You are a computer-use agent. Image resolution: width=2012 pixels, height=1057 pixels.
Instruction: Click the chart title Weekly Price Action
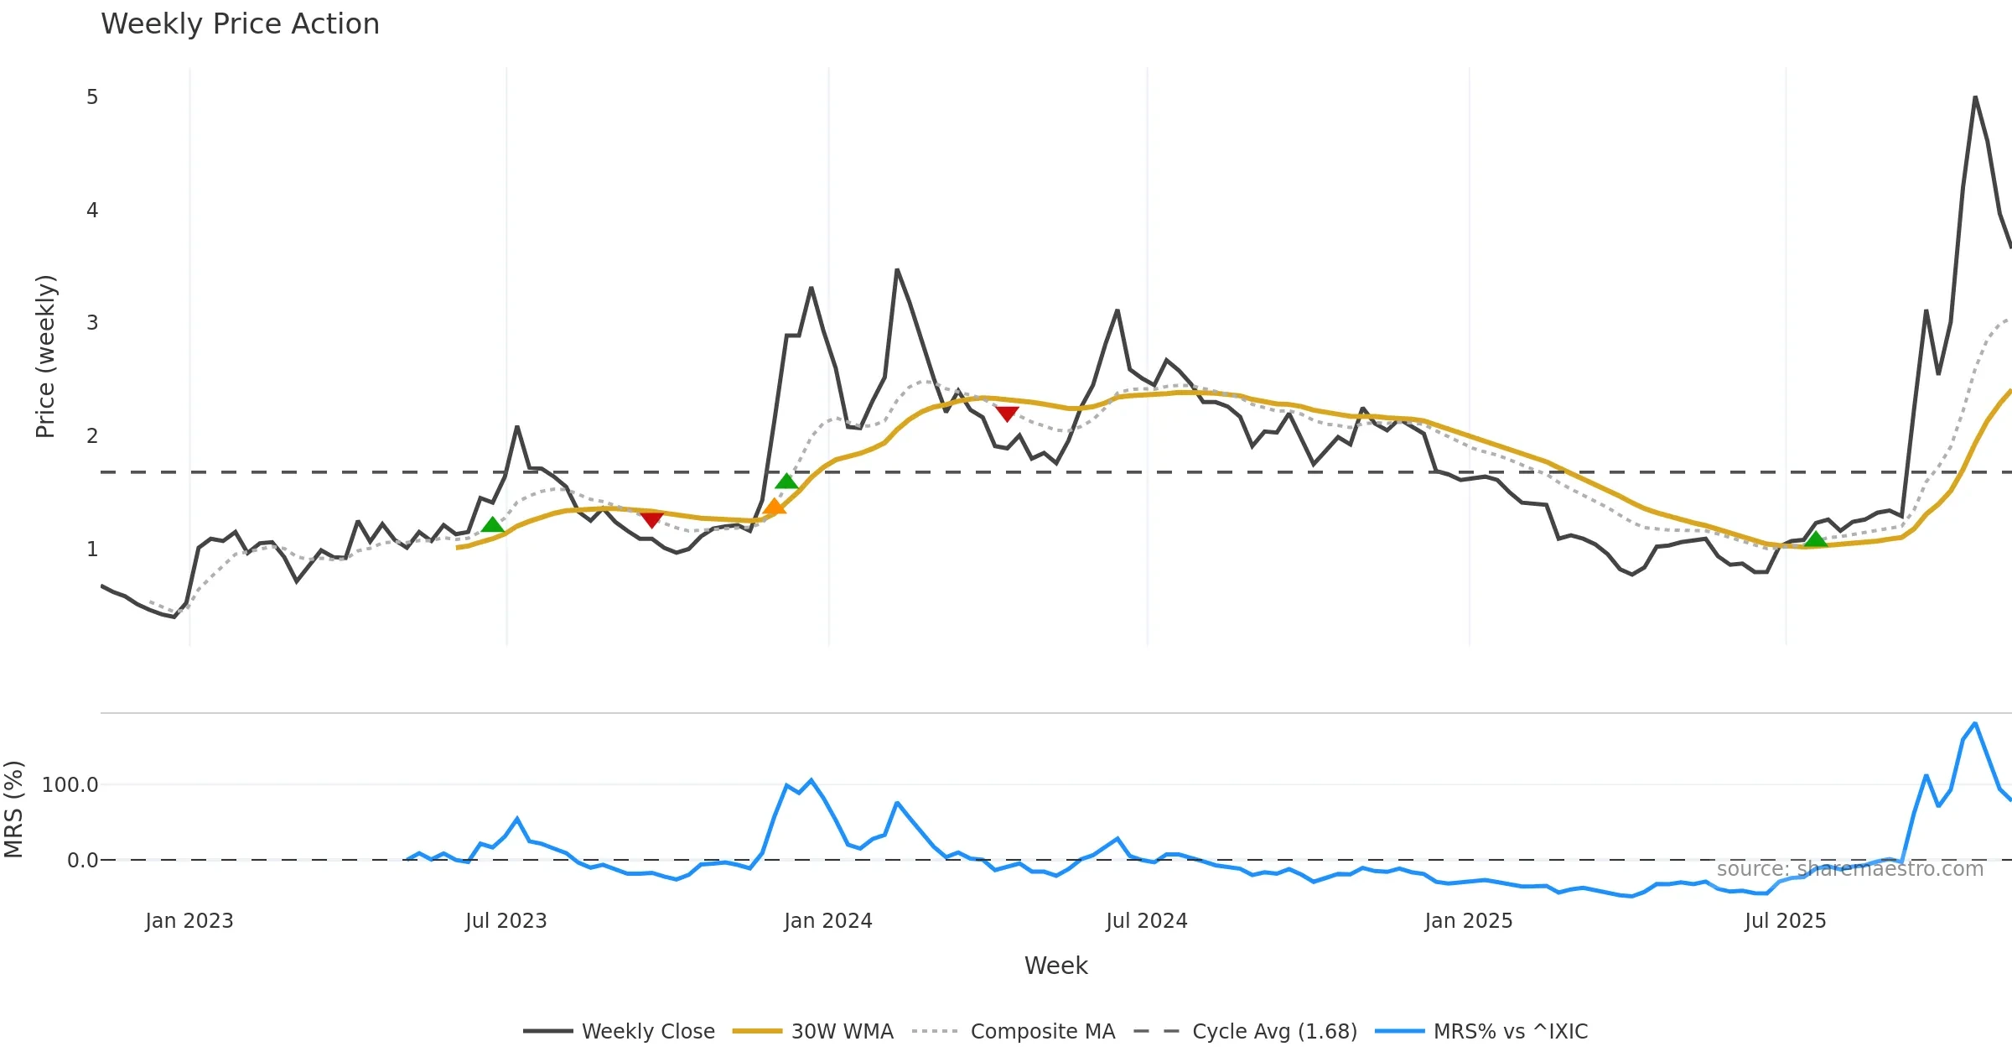[240, 24]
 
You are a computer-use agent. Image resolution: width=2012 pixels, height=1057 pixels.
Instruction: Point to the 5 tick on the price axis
[92, 97]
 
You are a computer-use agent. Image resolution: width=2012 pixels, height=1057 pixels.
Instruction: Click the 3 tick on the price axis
[92, 323]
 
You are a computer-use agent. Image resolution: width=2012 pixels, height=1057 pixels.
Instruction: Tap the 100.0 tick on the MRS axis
[70, 785]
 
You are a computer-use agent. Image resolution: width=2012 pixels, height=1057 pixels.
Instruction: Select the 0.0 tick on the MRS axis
[82, 861]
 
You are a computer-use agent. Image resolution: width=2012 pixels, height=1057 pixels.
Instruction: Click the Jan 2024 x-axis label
[828, 921]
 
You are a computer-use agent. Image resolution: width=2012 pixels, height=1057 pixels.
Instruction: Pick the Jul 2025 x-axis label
[1785, 921]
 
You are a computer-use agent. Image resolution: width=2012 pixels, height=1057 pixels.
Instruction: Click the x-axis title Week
[1055, 966]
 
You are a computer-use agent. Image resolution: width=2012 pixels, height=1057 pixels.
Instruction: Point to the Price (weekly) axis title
[45, 357]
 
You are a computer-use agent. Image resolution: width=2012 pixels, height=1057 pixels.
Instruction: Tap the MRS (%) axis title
[13, 810]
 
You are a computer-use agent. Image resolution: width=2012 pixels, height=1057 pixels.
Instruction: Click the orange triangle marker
[775, 507]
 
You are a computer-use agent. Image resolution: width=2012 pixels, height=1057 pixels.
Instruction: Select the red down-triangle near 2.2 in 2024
[1007, 414]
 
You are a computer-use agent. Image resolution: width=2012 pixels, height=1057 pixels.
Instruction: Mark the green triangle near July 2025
[1815, 539]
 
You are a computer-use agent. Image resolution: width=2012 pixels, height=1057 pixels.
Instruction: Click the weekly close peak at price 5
[1975, 97]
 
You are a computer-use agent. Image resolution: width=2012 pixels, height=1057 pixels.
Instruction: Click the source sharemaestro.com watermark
[1849, 869]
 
